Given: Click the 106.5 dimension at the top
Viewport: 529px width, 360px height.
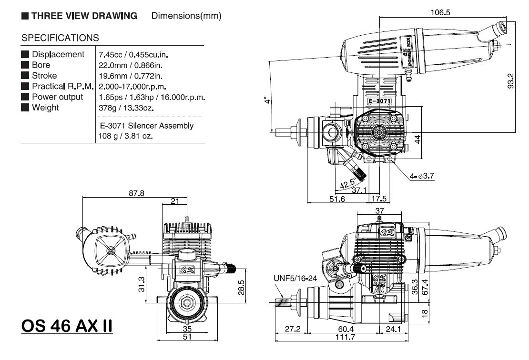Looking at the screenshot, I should pyautogui.click(x=441, y=13).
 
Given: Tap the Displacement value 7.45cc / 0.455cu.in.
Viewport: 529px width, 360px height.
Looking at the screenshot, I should pyautogui.click(x=135, y=54).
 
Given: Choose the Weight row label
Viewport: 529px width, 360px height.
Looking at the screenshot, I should pyautogui.click(x=45, y=108).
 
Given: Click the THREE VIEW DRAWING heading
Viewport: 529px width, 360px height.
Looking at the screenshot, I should pyautogui.click(x=84, y=16).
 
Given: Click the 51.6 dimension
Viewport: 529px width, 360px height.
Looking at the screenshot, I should pyautogui.click(x=336, y=199).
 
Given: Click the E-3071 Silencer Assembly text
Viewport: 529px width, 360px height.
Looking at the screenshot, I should pyautogui.click(x=147, y=126).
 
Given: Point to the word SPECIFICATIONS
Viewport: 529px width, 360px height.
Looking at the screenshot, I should pyautogui.click(x=61, y=38).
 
